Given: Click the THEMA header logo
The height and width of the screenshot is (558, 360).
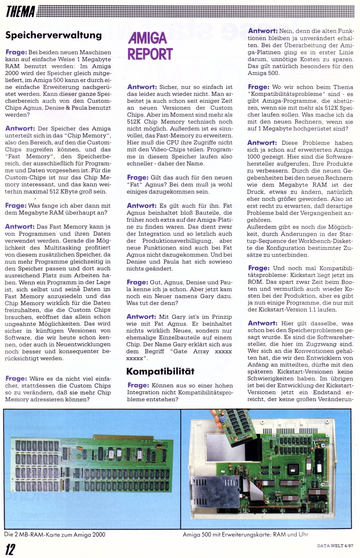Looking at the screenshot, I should [x=20, y=12].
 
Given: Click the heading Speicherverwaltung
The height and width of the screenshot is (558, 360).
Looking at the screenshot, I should [x=53, y=35].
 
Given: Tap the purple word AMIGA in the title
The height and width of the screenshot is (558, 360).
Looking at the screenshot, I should [x=147, y=38].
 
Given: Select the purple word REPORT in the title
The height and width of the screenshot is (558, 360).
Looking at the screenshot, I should [x=150, y=54].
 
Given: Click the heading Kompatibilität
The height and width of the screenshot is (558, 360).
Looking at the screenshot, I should [x=160, y=372].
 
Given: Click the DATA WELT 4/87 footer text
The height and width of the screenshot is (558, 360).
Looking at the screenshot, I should [x=335, y=546].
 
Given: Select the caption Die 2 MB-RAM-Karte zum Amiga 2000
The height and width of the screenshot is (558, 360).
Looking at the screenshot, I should [x=55, y=534].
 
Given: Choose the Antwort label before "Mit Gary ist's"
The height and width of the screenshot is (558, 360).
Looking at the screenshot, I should [x=141, y=317].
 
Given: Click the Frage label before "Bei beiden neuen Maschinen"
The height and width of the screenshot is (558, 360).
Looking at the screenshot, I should [x=16, y=52].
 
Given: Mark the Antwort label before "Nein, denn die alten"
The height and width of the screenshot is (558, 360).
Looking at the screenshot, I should [x=263, y=31].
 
